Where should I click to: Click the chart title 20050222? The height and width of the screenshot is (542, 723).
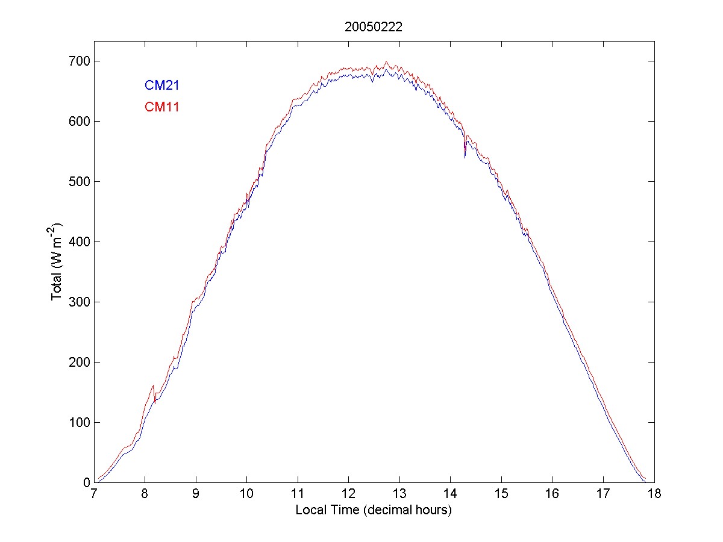(x=373, y=26)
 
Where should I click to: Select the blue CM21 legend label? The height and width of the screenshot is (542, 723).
(x=161, y=86)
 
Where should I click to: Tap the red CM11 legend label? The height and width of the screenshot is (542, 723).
(x=161, y=107)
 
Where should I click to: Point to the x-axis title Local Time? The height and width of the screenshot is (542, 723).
(x=373, y=510)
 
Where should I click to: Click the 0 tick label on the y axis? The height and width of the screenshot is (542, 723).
(x=86, y=482)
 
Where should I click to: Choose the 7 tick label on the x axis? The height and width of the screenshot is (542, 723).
(x=94, y=494)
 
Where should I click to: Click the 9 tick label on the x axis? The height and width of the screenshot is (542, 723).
(x=196, y=494)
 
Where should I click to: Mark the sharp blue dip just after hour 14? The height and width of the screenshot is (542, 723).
(x=465, y=157)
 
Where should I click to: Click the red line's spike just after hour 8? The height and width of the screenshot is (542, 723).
(x=153, y=385)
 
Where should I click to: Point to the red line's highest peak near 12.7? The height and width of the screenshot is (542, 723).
(x=386, y=62)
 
